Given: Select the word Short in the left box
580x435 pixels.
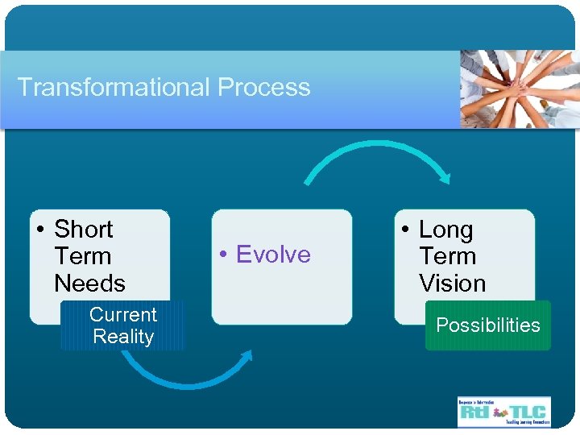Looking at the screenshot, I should (83, 230).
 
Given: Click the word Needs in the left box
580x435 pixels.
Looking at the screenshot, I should (89, 284).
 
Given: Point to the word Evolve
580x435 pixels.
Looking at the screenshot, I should (273, 255).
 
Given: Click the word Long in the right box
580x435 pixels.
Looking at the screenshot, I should (445, 230).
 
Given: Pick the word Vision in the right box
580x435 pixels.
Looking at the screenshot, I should (452, 284).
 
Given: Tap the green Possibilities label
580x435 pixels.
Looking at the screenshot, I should (487, 325).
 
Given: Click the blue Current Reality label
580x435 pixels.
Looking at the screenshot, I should (122, 325).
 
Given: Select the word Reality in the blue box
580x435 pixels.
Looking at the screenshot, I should (122, 337).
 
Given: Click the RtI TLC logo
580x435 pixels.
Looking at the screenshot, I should (503, 411).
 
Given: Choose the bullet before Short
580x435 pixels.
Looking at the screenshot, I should (40, 230).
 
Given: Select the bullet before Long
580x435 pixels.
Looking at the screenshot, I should (406, 230).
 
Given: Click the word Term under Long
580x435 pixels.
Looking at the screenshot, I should (447, 256).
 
